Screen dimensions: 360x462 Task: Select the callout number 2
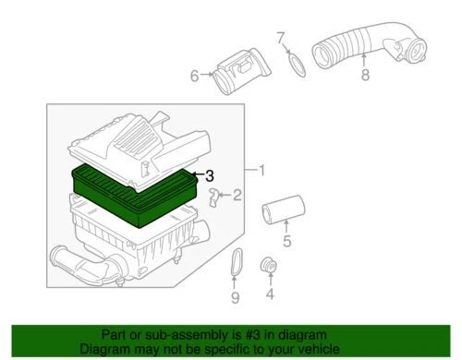coord(237,195)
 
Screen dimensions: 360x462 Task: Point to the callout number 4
coord(270,295)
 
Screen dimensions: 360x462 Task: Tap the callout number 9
coord(235,297)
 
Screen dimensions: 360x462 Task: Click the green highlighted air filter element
coord(139,194)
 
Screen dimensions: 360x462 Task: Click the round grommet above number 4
coord(270,266)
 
